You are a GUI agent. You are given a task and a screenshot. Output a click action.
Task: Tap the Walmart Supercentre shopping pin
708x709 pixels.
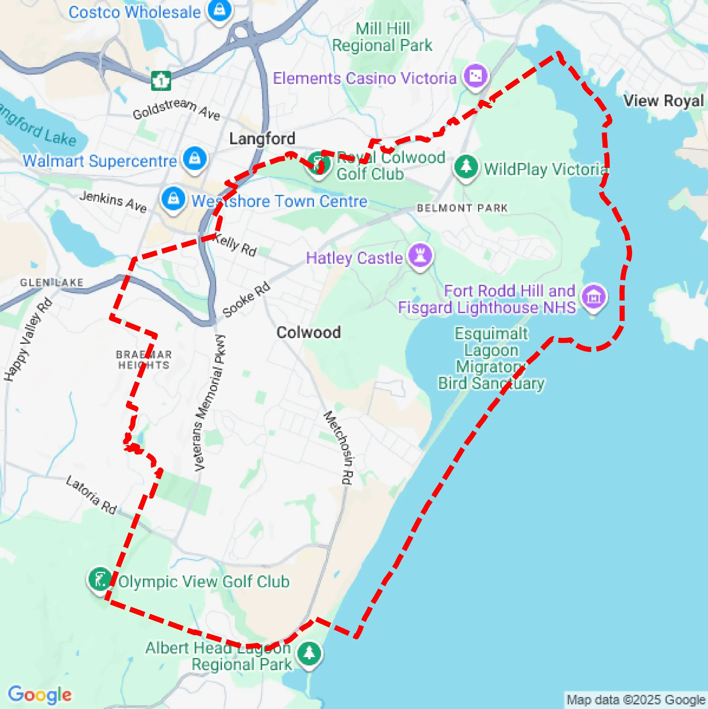click(195, 159)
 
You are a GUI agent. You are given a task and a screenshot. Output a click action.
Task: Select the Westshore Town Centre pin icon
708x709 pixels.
click(173, 199)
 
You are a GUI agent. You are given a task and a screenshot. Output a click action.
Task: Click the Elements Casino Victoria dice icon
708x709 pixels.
click(476, 76)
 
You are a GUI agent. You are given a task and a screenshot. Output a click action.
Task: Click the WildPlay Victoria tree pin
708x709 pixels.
click(466, 166)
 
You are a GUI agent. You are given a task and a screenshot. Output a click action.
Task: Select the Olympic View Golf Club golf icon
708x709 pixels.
click(99, 579)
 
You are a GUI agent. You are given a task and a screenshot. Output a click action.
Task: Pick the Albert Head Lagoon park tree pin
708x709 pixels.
click(309, 653)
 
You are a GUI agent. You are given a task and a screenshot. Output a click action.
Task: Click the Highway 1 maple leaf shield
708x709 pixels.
click(161, 81)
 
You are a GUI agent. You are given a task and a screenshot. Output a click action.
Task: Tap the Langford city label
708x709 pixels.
click(262, 139)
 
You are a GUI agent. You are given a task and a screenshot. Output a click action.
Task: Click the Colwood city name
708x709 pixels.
click(308, 332)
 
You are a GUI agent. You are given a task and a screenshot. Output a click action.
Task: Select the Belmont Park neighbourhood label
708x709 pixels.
click(462, 208)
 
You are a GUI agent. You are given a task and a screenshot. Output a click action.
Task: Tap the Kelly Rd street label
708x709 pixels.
click(235, 245)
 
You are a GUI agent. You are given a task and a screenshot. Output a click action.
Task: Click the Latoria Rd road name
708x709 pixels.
click(91, 495)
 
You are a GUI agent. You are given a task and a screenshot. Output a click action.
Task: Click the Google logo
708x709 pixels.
click(40, 695)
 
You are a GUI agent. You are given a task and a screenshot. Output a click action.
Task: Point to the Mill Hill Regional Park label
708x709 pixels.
click(382, 37)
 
